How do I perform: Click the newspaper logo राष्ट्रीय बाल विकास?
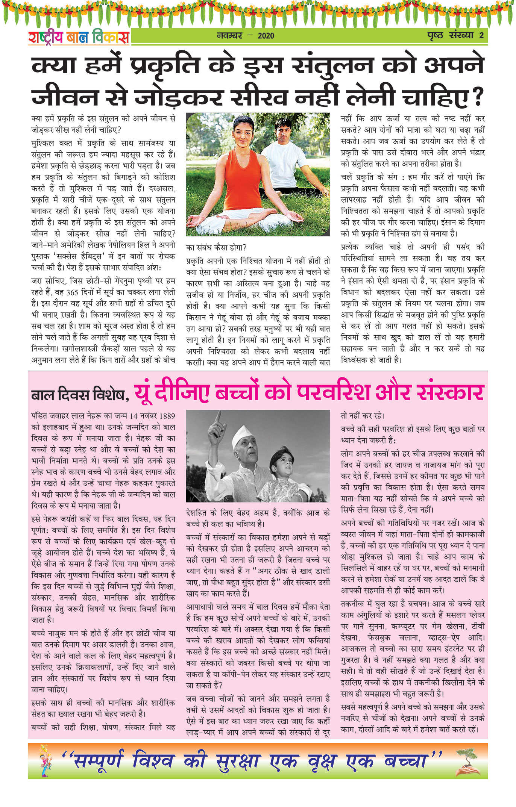pos(79,37)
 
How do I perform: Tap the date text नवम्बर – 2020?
pos(246,36)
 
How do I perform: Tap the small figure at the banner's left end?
pos(44,761)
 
